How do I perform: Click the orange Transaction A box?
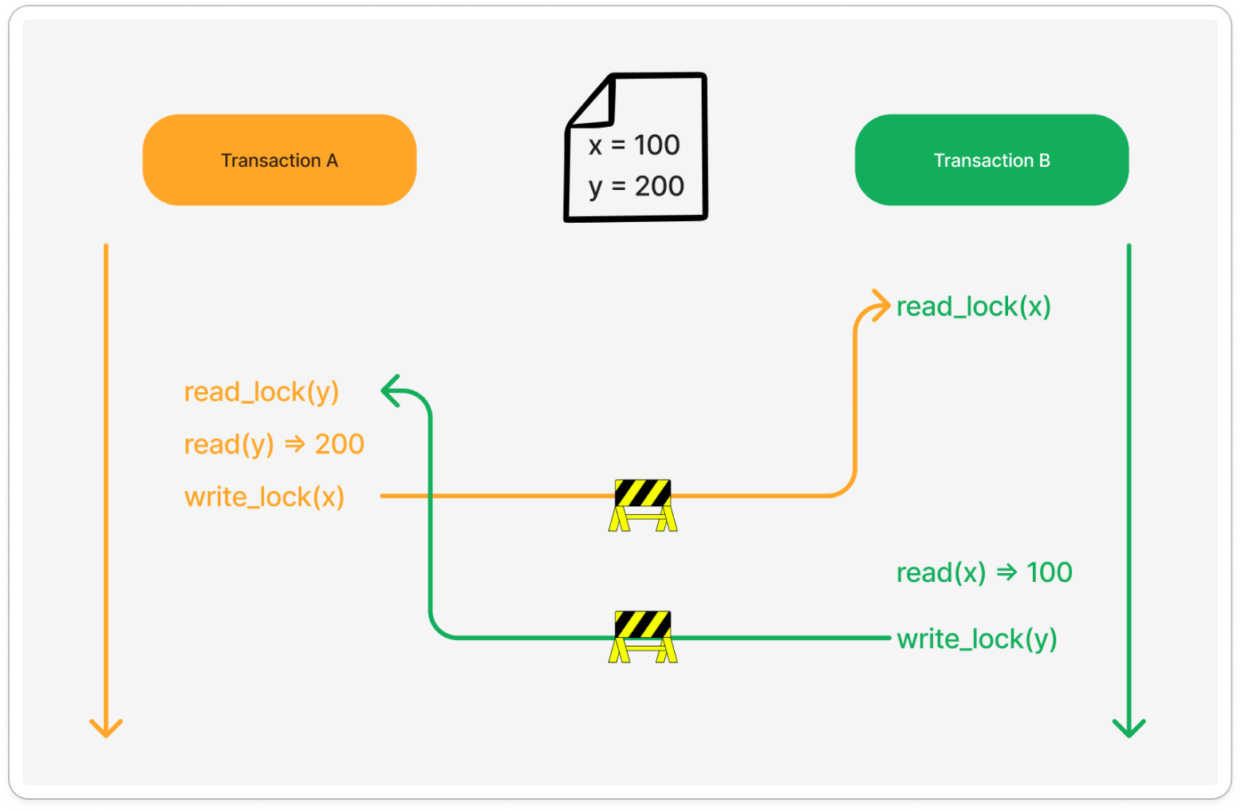[279, 160]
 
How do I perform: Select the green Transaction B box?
[991, 160]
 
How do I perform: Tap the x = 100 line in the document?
[634, 145]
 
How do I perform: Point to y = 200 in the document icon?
[636, 187]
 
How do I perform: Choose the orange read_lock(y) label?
[262, 392]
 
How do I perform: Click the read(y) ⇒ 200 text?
[274, 444]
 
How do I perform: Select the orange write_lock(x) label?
[264, 496]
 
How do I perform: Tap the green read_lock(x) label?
[973, 307]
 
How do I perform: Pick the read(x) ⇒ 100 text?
[983, 572]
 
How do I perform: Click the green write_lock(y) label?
[976, 639]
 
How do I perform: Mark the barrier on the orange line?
[643, 504]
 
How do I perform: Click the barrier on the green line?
[643, 636]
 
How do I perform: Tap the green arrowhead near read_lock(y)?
[391, 391]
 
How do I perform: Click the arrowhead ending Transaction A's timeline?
[106, 728]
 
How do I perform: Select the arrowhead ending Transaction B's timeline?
[1129, 728]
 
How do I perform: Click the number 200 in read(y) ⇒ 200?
[340, 444]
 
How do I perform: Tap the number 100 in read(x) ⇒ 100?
[1049, 572]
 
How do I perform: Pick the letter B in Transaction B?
[1044, 160]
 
